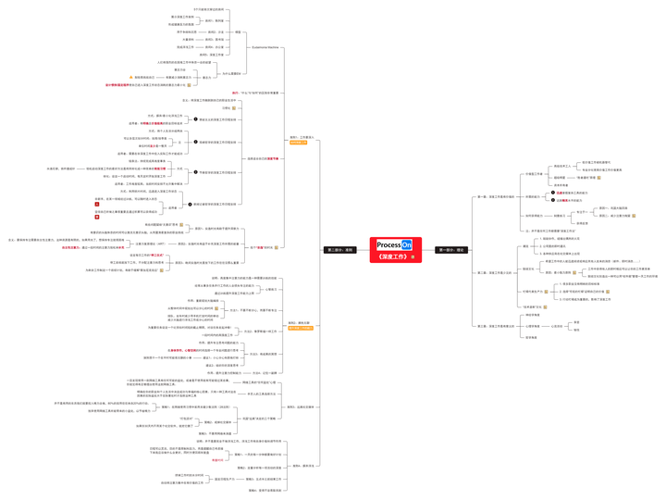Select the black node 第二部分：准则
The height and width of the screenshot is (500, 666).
[x=338, y=250]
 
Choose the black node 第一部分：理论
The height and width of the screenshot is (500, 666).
[x=450, y=250]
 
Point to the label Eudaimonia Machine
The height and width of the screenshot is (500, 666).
[x=265, y=46]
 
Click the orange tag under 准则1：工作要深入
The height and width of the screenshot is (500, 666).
[x=298, y=143]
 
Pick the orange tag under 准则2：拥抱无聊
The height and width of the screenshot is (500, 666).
[x=301, y=328]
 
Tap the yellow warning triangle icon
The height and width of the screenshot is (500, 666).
[x=131, y=77]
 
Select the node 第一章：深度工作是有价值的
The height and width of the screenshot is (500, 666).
[x=495, y=196]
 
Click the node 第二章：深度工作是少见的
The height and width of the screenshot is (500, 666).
[x=495, y=272]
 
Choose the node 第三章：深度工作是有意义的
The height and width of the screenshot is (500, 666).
[x=495, y=326]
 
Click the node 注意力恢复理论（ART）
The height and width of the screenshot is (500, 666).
[x=153, y=244]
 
